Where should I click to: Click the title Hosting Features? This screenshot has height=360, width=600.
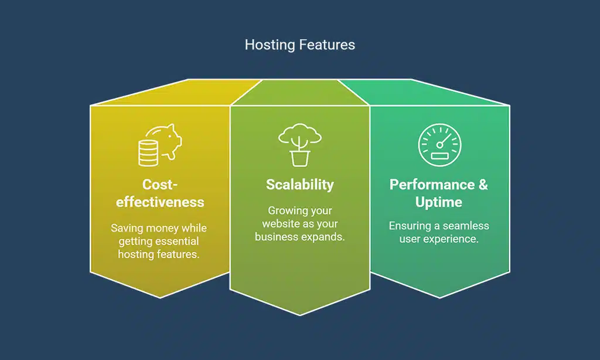click(299, 45)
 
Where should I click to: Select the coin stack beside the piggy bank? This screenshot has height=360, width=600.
click(148, 152)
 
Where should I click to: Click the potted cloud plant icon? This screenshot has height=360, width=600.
click(299, 144)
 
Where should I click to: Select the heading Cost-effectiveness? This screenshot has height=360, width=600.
click(160, 193)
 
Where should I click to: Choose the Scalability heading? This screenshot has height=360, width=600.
click(299, 185)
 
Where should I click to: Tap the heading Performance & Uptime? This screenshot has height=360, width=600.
click(439, 193)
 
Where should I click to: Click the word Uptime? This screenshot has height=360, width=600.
click(439, 202)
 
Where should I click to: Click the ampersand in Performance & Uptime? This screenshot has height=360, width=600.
click(482, 185)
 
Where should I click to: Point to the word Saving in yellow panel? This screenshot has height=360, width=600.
click(127, 228)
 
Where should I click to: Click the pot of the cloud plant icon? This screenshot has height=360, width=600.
click(299, 157)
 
